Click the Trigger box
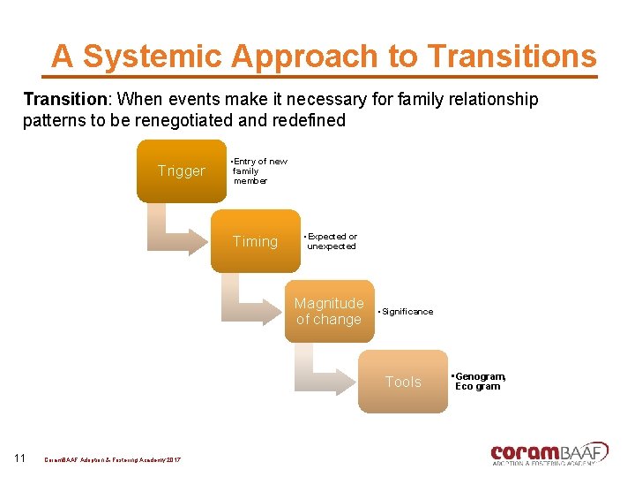point(181,171)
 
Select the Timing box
point(255,241)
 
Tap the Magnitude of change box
point(329,311)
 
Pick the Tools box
point(403,382)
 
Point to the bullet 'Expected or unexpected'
point(332,241)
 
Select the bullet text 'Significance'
point(407,312)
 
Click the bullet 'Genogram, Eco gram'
point(480,382)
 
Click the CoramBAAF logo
point(549,452)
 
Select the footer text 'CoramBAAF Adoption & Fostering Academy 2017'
point(112,461)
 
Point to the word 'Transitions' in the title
point(512,57)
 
